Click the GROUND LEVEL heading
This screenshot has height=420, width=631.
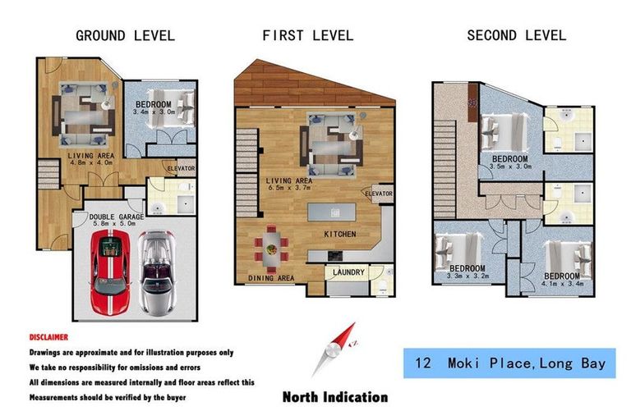pos(125,35)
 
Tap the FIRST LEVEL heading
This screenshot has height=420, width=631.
pos(307,35)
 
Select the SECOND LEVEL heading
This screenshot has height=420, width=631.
pos(516,35)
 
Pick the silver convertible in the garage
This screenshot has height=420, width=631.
pos(156,271)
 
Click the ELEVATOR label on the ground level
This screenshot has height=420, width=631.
pos(180,169)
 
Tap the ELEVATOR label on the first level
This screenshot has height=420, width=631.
pos(379,194)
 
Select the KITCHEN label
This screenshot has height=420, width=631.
pos(339,235)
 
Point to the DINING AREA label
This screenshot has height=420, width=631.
pos(270,278)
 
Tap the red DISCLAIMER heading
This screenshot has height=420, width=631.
pos(49,337)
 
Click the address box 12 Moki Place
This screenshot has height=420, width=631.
pos(509,363)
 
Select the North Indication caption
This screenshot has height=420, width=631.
pos(334,397)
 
